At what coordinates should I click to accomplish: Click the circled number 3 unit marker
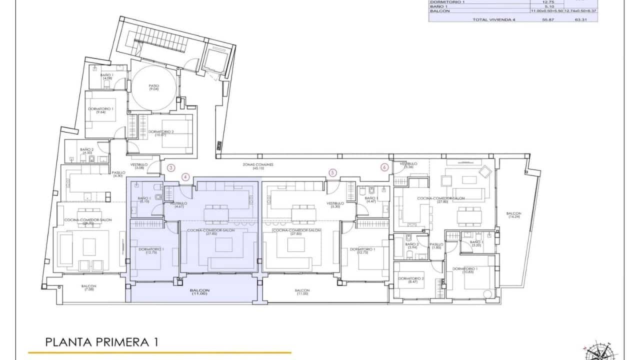[x=171, y=168]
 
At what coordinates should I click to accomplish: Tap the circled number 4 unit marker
[x=185, y=176]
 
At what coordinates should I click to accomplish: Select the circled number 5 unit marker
[x=333, y=172]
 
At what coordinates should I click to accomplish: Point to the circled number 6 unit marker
[x=384, y=167]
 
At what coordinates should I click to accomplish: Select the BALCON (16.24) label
[x=513, y=215]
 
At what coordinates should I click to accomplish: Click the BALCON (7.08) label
[x=89, y=288]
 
